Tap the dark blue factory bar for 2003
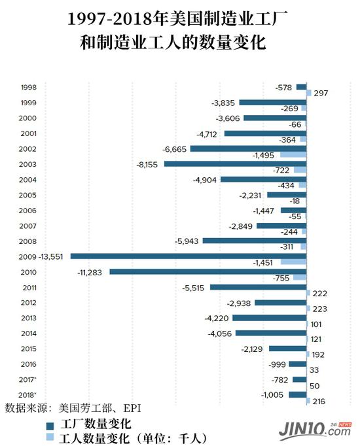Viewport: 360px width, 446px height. pyautogui.click(x=235, y=163)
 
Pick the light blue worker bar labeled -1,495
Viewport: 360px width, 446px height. pyautogui.click(x=293, y=155)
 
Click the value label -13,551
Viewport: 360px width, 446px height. pyautogui.click(x=50, y=256)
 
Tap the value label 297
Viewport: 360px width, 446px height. pyautogui.click(x=320, y=94)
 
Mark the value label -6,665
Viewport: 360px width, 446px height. pyautogui.click(x=175, y=148)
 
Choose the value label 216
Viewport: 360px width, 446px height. pyautogui.click(x=320, y=401)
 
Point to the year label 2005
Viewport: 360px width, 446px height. pyautogui.click(x=28, y=195)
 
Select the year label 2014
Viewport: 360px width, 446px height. pyautogui.click(x=28, y=334)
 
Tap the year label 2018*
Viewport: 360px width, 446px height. pyautogui.click(x=28, y=395)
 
